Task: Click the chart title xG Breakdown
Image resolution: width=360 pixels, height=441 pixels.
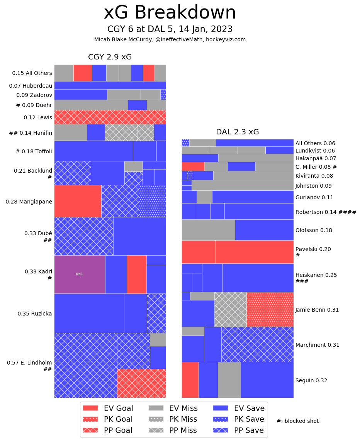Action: click(x=170, y=13)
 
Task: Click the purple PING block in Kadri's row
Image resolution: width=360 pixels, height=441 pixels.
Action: click(x=80, y=274)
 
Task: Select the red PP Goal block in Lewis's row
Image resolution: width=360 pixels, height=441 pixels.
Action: click(x=110, y=117)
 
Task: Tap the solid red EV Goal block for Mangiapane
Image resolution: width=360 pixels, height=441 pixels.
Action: click(x=78, y=201)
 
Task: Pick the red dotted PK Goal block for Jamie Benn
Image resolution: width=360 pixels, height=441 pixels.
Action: click(x=270, y=309)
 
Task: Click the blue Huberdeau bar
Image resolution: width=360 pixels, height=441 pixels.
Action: click(x=110, y=85)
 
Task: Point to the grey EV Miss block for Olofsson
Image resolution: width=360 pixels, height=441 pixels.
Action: click(x=208, y=230)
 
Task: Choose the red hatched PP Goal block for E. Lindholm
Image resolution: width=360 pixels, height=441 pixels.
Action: click(x=141, y=383)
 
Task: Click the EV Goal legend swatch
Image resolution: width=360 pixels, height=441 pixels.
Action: click(x=91, y=408)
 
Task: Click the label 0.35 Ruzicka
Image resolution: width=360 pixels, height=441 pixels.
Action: click(x=35, y=314)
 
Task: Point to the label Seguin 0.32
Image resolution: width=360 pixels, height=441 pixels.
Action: click(x=311, y=380)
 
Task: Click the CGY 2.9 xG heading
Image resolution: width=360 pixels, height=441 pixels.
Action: click(x=110, y=57)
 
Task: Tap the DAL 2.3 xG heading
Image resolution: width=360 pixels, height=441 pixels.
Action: click(x=237, y=132)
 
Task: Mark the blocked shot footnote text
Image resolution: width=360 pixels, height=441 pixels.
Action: click(x=297, y=421)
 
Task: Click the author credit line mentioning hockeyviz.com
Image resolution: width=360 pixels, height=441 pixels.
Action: click(x=170, y=39)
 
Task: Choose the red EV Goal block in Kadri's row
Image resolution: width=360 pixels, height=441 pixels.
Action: click(x=136, y=274)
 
